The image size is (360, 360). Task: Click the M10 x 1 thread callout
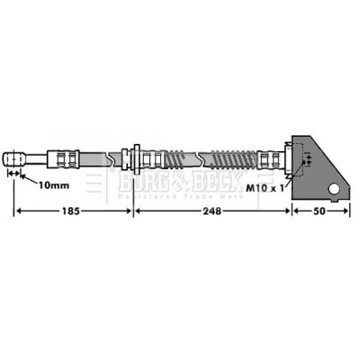(x=265, y=188)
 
